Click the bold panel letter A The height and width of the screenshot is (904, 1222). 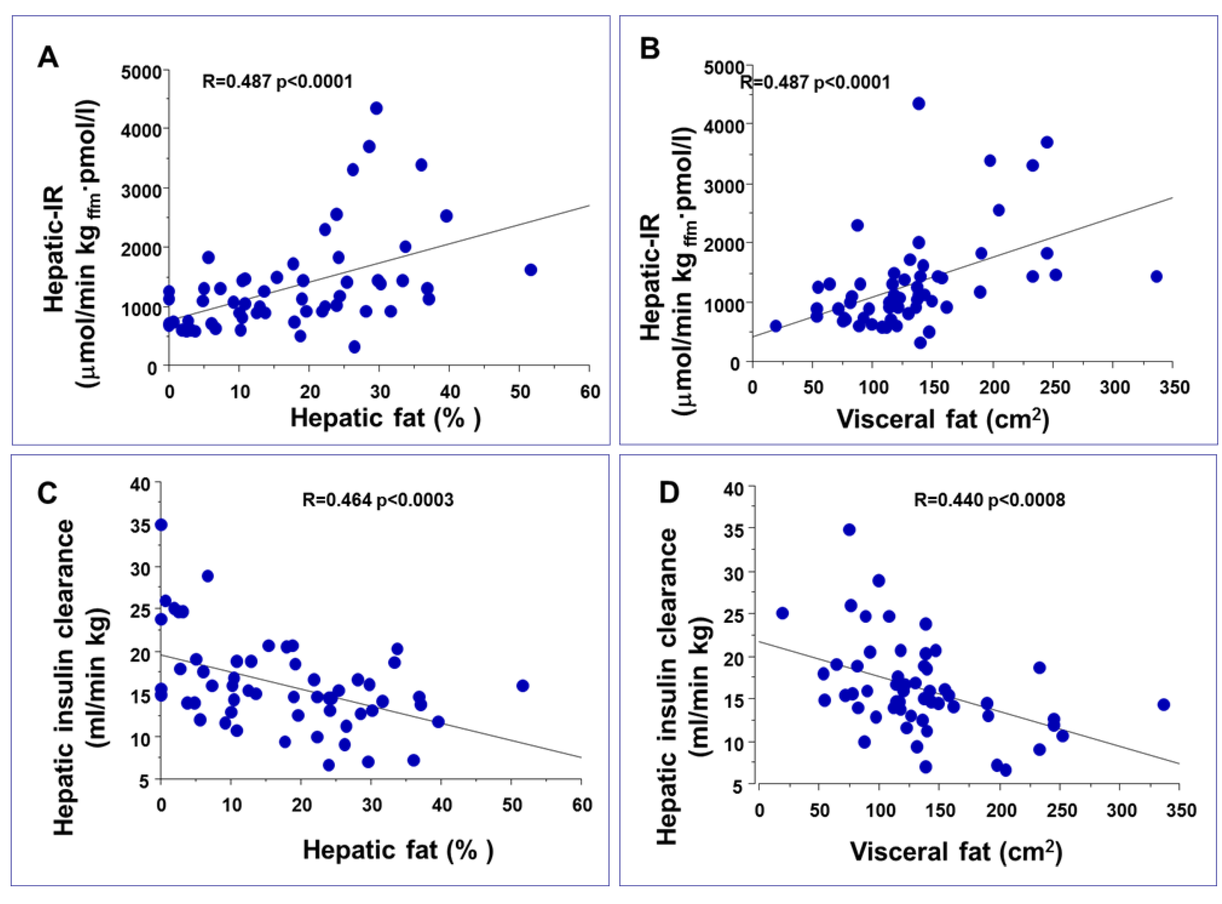[48, 57]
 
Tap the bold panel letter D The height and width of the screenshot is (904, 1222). [668, 492]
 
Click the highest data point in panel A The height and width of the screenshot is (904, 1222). [376, 108]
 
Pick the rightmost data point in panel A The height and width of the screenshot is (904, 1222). [530, 270]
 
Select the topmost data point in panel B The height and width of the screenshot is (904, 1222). [919, 103]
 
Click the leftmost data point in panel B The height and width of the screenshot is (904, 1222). [776, 326]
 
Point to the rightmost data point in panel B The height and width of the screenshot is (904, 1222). [1156, 276]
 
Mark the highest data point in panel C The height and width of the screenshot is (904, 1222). [161, 525]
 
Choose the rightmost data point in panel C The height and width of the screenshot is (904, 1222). [523, 686]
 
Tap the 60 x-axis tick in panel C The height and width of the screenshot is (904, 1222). [582, 805]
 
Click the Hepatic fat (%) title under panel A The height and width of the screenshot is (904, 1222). [385, 419]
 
